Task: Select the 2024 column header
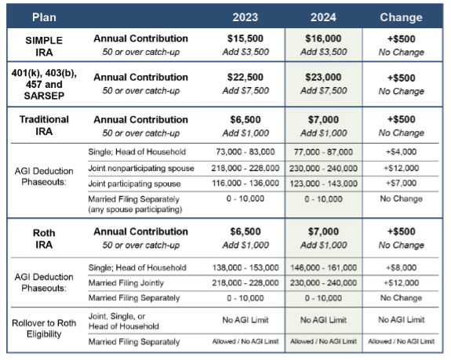[323, 16]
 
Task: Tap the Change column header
[401, 16]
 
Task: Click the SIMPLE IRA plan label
[43, 45]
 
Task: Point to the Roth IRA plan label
[43, 238]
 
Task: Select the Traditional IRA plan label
[43, 126]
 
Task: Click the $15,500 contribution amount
[246, 38]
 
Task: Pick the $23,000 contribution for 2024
[323, 78]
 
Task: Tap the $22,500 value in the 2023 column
[246, 78]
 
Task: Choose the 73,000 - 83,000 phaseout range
[246, 151]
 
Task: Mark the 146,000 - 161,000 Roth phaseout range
[323, 267]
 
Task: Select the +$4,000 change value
[401, 151]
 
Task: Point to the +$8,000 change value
[401, 267]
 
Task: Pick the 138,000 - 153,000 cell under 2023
[246, 267]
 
